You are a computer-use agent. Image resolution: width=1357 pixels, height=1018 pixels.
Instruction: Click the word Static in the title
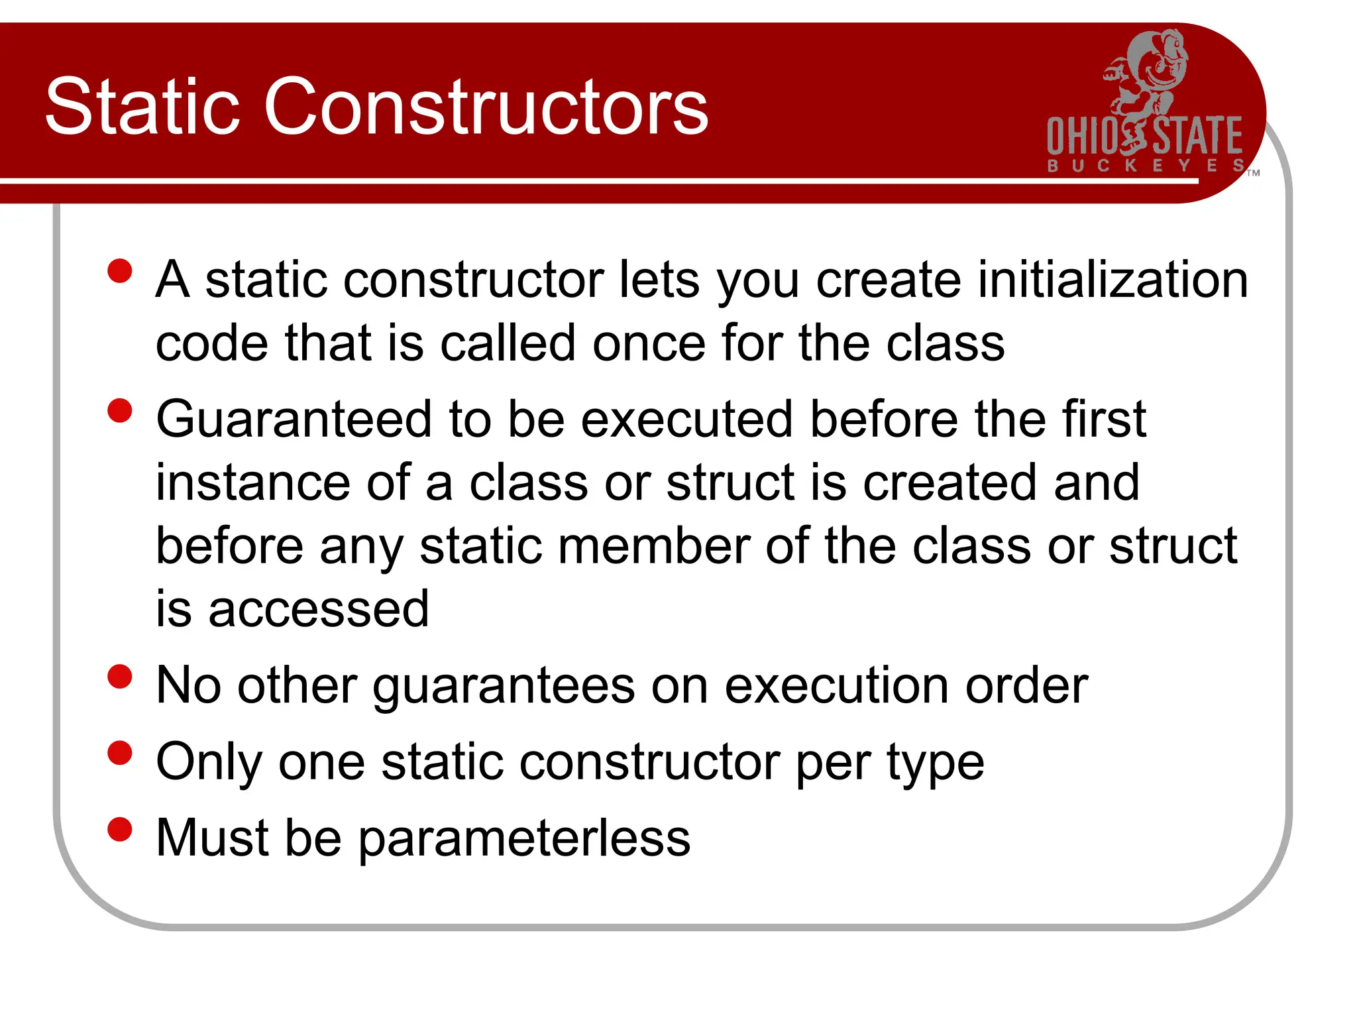tap(142, 107)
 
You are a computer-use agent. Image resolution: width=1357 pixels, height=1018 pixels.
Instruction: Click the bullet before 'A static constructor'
tap(120, 271)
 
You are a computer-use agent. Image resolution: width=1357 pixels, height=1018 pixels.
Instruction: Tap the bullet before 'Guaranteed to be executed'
tap(120, 410)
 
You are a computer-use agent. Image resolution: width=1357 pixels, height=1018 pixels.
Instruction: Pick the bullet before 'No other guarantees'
tap(120, 677)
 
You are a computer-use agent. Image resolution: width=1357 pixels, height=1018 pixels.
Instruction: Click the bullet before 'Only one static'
tap(120, 753)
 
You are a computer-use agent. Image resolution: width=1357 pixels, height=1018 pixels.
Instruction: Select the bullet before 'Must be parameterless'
tap(120, 829)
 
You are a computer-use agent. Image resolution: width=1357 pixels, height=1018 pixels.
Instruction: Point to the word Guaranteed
tap(294, 419)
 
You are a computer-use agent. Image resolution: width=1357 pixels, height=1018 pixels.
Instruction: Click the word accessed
tap(318, 609)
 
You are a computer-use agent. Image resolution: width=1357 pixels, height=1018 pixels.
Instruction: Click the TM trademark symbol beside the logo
tap(1253, 173)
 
